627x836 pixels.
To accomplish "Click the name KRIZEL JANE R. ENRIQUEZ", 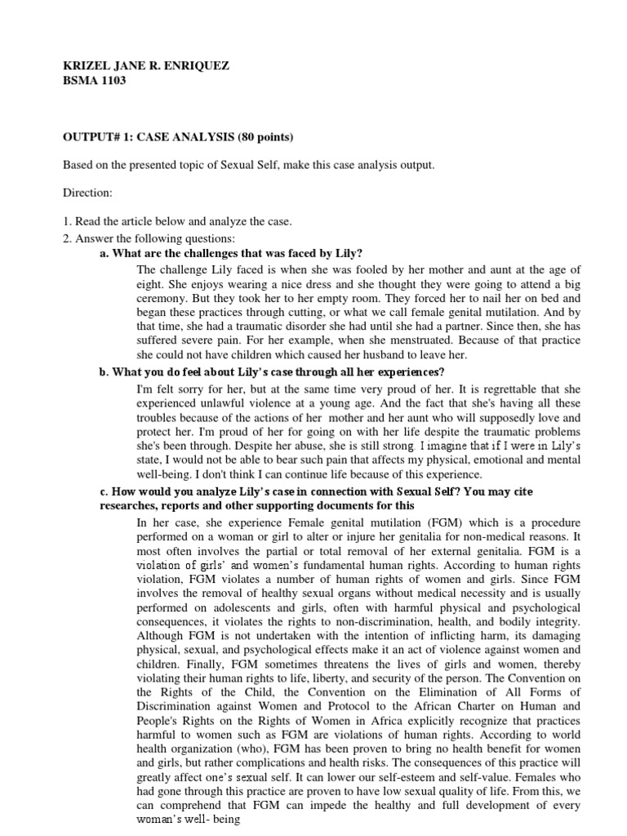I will tap(146, 66).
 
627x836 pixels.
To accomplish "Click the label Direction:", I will tap(90, 195).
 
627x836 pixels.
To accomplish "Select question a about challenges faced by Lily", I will tap(231, 254).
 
